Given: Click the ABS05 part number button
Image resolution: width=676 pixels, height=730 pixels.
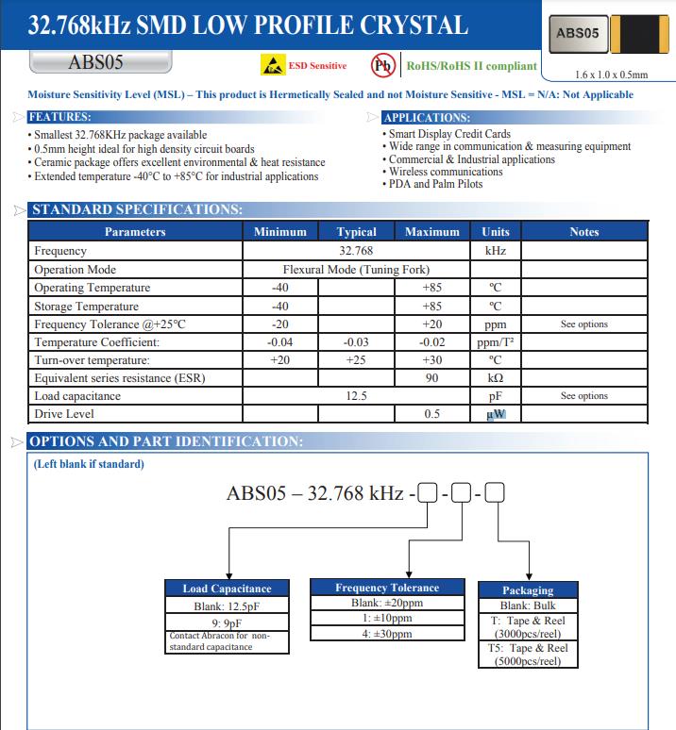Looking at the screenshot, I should pos(98,63).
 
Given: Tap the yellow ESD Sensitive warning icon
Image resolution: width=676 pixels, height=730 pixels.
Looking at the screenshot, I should pos(273,66).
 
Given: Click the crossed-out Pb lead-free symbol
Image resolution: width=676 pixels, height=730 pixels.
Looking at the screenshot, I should pos(382,66).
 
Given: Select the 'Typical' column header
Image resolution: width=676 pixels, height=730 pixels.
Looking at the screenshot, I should pos(356,232).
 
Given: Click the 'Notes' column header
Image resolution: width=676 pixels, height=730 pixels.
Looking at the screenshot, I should pos(584,232).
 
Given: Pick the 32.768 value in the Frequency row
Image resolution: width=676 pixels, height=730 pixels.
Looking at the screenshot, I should pos(356,251).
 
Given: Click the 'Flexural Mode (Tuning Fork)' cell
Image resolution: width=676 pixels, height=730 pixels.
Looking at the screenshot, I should pos(356,269).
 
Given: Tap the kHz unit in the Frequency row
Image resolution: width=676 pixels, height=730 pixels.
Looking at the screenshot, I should pos(495,251).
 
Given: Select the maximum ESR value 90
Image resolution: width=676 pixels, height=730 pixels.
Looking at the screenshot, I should pos(431,378).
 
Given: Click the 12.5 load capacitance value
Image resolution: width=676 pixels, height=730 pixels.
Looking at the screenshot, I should pos(356,396).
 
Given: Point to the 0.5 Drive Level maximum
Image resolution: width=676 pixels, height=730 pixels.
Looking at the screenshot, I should pos(431,414).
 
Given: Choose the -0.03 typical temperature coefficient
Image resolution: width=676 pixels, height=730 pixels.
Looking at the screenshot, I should pos(356,341).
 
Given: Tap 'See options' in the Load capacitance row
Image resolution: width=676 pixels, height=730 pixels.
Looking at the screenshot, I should pos(584,396).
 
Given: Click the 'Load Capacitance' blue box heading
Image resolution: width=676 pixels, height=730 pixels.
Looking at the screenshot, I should pos(227,589).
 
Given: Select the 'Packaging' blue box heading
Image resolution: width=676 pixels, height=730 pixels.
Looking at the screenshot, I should pos(528,590).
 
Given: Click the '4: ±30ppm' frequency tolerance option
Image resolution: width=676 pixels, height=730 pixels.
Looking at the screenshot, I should pos(387,634).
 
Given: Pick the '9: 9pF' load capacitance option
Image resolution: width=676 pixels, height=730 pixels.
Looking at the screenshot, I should pos(227,622).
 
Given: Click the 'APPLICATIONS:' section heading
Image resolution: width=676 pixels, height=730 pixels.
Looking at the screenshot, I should pos(427,118).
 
